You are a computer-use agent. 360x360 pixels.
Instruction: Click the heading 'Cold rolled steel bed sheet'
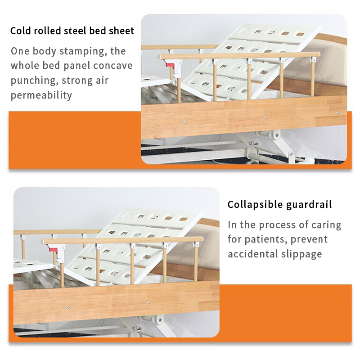click(x=72, y=31)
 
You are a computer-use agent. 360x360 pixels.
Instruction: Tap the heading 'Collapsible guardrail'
click(x=279, y=204)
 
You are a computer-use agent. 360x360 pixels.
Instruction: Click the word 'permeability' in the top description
click(x=41, y=95)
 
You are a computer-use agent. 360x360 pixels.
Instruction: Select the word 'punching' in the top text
click(x=35, y=81)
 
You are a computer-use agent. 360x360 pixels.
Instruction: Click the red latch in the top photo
click(x=170, y=66)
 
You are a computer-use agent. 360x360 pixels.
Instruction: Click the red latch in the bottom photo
click(x=53, y=250)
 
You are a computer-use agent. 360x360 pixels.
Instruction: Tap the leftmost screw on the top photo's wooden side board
click(x=185, y=123)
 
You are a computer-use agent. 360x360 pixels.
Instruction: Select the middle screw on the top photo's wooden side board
click(x=265, y=117)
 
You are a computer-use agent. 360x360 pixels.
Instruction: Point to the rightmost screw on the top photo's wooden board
click(x=337, y=113)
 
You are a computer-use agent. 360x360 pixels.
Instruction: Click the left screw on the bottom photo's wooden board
click(x=68, y=307)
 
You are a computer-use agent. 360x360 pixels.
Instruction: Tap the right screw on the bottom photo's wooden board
click(x=149, y=302)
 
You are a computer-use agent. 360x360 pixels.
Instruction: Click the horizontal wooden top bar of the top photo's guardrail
click(x=239, y=55)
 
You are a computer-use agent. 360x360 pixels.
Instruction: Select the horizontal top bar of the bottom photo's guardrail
click(x=122, y=240)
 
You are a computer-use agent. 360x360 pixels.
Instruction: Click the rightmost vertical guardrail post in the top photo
click(x=313, y=78)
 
